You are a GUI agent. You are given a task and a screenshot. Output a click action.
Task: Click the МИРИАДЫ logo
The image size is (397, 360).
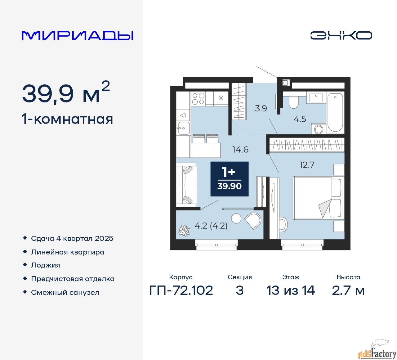(77, 36)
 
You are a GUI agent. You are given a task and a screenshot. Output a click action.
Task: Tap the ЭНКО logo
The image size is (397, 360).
(341, 35)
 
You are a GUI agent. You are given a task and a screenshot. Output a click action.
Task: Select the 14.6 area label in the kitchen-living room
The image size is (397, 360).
(240, 150)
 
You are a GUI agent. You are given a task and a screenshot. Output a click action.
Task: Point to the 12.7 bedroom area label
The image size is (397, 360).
(307, 165)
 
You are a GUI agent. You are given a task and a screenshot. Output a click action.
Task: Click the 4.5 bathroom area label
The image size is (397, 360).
(300, 119)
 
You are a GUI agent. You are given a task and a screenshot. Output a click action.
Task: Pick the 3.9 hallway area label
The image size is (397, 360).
(261, 108)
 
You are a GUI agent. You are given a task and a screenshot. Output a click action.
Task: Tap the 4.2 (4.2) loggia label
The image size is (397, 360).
(211, 226)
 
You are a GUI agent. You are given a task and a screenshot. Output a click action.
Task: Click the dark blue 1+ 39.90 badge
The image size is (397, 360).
(230, 179)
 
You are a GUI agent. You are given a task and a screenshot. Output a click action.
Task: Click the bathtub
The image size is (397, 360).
(335, 112)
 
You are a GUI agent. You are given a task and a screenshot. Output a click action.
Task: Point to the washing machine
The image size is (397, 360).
(319, 129)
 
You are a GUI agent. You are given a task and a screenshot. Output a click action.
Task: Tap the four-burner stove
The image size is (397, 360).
(198, 98)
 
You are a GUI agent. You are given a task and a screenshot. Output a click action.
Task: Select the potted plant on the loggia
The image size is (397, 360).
(184, 231)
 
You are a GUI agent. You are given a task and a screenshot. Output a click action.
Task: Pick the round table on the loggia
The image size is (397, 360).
(236, 218)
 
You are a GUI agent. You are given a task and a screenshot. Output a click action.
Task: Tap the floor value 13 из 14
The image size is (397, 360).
(291, 290)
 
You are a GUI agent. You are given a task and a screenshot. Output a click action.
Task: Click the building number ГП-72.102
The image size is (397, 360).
(181, 290)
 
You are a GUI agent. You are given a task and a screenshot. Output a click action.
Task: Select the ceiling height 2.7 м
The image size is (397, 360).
(348, 290)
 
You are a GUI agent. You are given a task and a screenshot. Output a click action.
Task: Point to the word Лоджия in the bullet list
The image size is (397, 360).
(45, 265)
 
